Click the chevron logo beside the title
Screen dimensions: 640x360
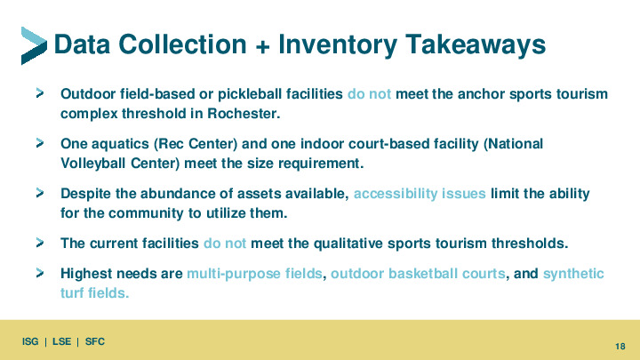[x=34, y=45]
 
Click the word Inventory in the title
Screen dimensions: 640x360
[x=337, y=44]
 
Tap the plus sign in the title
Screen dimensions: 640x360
[x=262, y=46]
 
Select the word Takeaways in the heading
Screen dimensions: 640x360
[x=475, y=44]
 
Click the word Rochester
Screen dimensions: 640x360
[x=244, y=113]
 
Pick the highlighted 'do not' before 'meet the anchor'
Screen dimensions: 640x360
[x=369, y=94]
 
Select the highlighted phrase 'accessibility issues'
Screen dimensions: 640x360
[x=420, y=194]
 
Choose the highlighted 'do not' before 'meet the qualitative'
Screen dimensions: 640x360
[x=225, y=244]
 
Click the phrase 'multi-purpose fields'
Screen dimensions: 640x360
[x=255, y=274]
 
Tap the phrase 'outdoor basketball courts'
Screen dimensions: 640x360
[x=418, y=274]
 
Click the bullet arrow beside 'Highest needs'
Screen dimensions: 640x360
[x=40, y=273]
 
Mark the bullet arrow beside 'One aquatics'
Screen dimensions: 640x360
[x=40, y=143]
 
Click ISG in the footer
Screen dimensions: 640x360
[x=30, y=341]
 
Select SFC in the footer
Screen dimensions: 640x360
[x=95, y=341]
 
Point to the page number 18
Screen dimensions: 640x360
[x=620, y=347]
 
